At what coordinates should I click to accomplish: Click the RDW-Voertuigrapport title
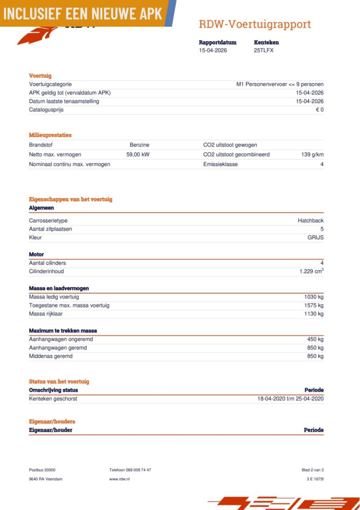tap(255, 24)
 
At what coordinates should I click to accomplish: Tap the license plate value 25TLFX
tap(264, 50)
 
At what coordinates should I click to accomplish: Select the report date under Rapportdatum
tap(213, 50)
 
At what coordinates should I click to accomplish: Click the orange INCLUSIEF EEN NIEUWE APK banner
tap(83, 14)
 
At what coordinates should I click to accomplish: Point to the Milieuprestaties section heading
tap(50, 135)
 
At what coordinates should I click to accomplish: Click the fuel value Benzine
tap(139, 145)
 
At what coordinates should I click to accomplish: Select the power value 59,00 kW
tap(138, 155)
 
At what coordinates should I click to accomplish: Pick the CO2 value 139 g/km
tap(312, 155)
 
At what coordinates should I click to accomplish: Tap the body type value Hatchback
tap(310, 221)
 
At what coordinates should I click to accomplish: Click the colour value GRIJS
tap(315, 238)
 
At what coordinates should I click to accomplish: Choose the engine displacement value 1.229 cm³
tap(311, 271)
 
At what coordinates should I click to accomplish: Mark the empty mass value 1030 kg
tap(314, 297)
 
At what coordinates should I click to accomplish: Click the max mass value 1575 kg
tap(314, 305)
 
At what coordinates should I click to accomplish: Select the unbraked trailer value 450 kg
tap(315, 339)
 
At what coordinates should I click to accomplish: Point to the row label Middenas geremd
tap(51, 356)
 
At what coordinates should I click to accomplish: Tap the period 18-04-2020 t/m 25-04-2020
tap(290, 399)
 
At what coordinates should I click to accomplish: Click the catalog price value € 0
tap(319, 110)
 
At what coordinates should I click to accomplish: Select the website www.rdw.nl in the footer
tap(120, 479)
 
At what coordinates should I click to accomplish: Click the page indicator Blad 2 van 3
tap(312, 470)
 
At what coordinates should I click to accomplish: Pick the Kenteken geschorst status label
tap(53, 399)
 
